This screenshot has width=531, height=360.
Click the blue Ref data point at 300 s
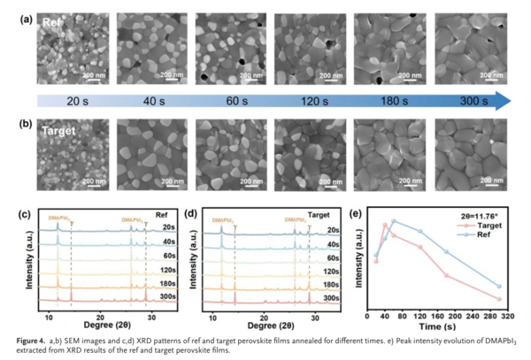click(499, 287)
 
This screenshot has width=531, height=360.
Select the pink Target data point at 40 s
click(385, 225)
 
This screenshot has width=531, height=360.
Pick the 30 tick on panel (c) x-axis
click(152, 315)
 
